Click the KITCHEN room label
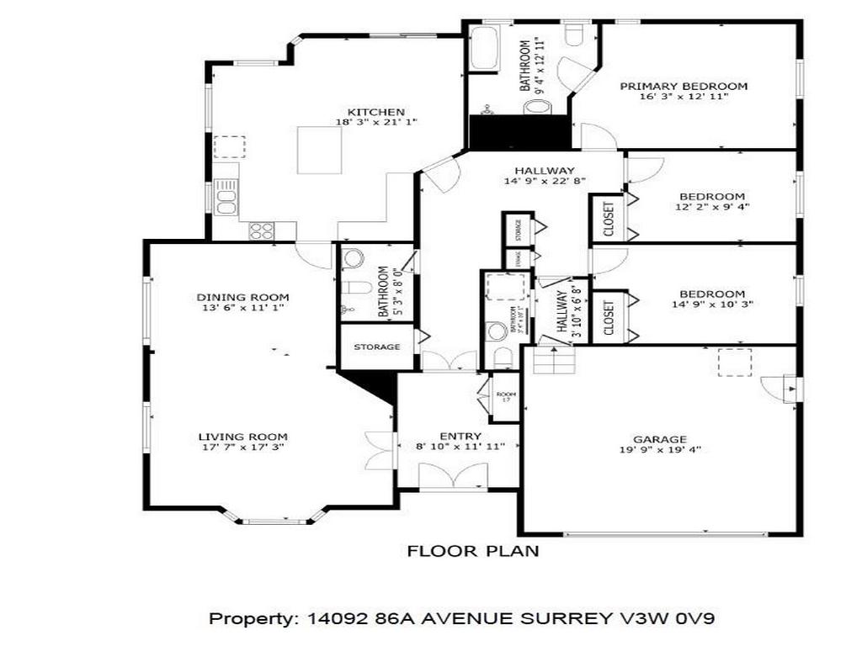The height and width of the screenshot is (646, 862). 376,112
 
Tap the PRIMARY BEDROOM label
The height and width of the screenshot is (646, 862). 684,86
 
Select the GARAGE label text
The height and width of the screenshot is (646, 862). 660,439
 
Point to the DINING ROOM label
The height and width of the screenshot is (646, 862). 242,297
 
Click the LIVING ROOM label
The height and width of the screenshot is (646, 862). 242,437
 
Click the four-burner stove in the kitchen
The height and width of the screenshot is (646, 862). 261,230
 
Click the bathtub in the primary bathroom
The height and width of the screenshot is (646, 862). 483,50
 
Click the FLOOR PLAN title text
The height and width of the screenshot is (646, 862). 473,552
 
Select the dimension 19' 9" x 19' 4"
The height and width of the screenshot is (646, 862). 660,450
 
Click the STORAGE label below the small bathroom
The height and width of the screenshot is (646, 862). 376,347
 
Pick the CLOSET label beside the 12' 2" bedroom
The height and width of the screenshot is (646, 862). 609,220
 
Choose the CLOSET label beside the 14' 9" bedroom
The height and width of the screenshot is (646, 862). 609,316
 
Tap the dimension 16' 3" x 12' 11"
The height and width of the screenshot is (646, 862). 684,97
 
